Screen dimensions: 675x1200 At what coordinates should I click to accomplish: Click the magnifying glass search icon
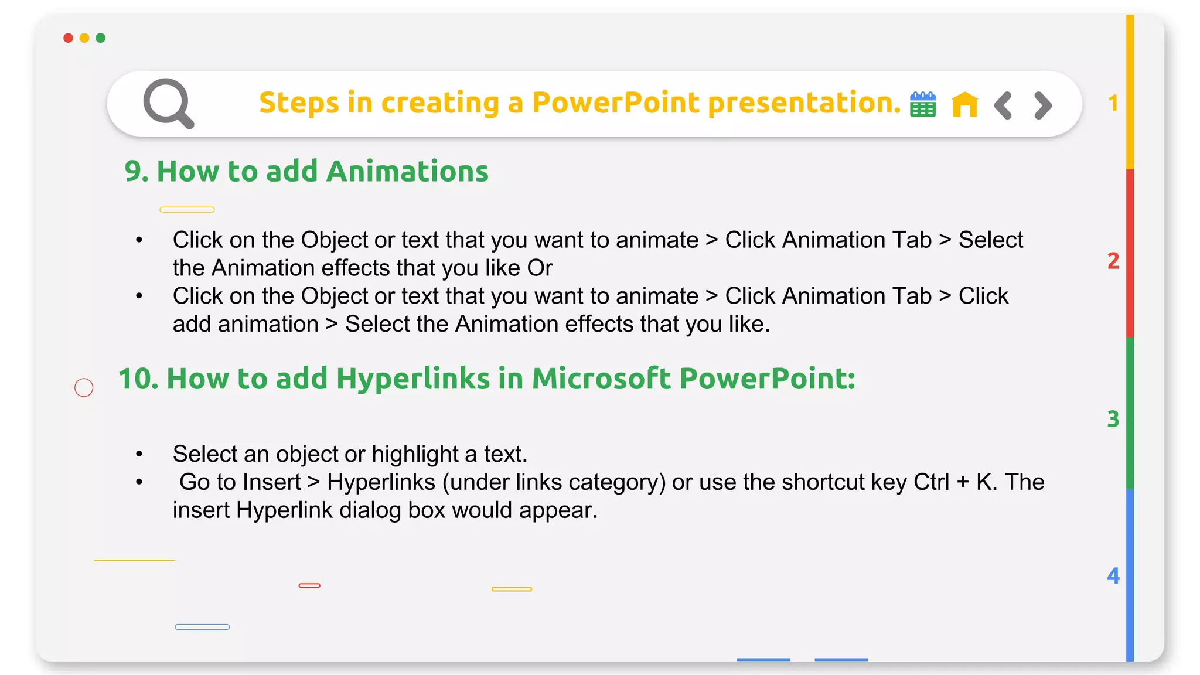click(x=168, y=103)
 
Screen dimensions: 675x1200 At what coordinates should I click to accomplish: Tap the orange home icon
click(x=964, y=105)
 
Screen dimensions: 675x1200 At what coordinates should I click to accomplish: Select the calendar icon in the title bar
click(x=923, y=105)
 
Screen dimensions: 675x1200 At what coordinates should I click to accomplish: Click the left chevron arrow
click(x=1003, y=105)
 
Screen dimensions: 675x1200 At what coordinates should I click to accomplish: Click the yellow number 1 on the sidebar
click(x=1113, y=104)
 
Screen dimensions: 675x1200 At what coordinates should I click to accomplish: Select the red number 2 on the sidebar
click(x=1113, y=261)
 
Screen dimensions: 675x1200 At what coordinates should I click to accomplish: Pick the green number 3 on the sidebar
click(x=1113, y=419)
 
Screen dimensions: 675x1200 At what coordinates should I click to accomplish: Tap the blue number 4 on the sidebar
click(x=1113, y=576)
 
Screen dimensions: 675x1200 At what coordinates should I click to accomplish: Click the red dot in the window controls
click(x=69, y=38)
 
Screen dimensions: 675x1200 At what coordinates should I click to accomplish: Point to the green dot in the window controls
click(x=101, y=38)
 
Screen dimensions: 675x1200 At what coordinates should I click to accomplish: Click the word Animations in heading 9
click(x=407, y=172)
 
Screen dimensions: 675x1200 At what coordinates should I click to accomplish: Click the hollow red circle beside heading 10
click(x=84, y=387)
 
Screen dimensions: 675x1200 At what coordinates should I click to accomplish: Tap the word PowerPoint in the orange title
click(x=615, y=103)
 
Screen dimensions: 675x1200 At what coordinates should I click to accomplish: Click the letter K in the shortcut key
click(x=984, y=482)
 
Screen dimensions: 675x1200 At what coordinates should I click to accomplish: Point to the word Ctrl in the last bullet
click(x=931, y=482)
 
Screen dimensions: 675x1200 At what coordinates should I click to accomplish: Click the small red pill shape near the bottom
click(x=309, y=585)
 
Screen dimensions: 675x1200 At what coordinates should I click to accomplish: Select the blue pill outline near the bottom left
click(x=202, y=627)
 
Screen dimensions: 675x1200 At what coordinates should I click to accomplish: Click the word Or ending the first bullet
click(x=540, y=268)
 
